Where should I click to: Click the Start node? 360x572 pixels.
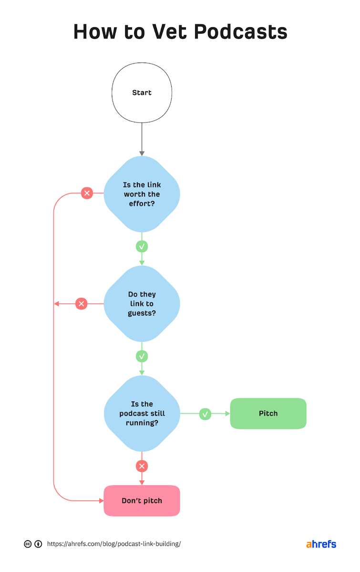[142, 92]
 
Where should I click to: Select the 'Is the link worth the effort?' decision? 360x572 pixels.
[142, 194]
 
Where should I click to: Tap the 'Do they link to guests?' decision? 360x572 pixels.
[142, 304]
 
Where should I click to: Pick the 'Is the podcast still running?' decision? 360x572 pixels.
[142, 413]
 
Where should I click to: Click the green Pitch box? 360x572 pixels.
[268, 413]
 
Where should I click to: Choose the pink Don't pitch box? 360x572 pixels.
[142, 500]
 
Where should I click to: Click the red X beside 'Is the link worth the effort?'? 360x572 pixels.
[87, 193]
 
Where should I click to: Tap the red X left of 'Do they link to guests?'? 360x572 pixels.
[82, 304]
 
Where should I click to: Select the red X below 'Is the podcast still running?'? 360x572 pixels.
[142, 466]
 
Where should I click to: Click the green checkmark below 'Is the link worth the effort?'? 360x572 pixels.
[142, 246]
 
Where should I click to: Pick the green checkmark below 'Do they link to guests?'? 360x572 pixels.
[142, 356]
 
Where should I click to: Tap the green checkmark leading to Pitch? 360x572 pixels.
[205, 414]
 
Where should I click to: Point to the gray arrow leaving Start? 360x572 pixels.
[142, 138]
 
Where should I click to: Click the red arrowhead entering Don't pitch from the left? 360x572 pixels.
[101, 500]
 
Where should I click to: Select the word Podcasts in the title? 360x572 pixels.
[241, 32]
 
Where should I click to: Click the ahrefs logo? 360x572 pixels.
[321, 544]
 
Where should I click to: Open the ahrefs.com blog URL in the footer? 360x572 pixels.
[114, 544]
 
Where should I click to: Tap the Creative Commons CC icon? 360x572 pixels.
[28, 544]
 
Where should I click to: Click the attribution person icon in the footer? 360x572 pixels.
[38, 544]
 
